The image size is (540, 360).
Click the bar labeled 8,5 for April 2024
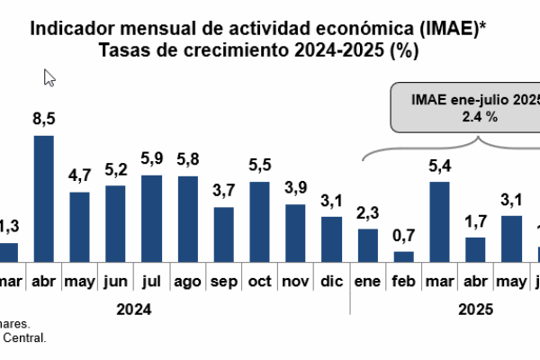pos(43,199)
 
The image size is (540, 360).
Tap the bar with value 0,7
pos(404,256)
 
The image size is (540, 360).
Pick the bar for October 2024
pos(259,221)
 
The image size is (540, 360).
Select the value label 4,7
pos(79,176)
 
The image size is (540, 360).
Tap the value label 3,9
pos(295,187)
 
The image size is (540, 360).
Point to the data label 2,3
pos(368,212)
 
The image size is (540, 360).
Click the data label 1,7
pos(475,221)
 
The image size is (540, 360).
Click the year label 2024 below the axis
pos(132,308)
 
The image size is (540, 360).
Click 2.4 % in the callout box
pos(479,116)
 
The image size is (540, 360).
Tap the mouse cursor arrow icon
pos(49,78)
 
